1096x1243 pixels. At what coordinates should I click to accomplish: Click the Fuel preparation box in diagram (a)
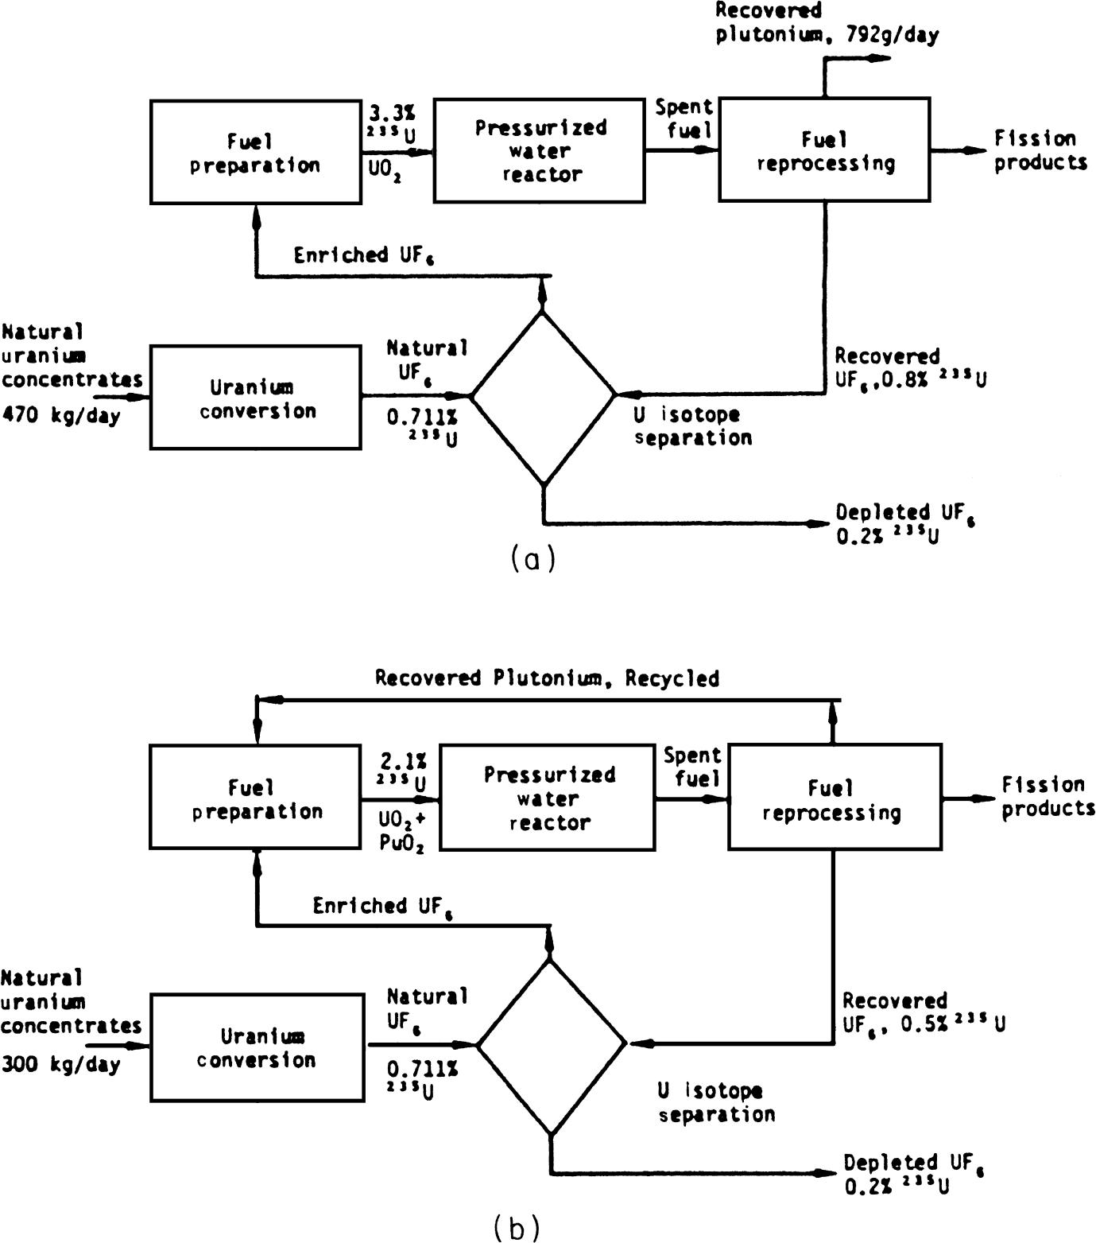(255, 152)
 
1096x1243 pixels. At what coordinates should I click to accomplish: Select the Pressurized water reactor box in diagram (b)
(548, 798)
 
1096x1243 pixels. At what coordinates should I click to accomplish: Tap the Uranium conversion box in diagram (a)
(255, 398)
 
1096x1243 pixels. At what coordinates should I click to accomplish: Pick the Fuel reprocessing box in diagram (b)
(835, 798)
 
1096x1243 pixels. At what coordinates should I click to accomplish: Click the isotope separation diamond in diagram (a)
(544, 398)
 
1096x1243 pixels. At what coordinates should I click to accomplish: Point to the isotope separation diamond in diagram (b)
(551, 1044)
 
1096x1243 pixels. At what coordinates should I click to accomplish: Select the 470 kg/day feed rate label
(60, 415)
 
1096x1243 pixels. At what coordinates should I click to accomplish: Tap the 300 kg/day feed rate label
(60, 1064)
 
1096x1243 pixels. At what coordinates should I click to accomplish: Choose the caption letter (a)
(532, 559)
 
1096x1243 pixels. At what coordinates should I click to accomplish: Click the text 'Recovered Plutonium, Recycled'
(547, 678)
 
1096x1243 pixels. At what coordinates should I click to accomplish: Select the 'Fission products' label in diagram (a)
(1040, 150)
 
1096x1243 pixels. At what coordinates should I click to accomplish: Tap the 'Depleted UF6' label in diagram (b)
(914, 1163)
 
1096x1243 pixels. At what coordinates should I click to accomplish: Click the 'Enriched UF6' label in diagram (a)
(363, 255)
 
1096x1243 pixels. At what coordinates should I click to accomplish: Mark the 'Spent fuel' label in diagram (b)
(693, 767)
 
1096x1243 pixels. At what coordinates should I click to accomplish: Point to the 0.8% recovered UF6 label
(910, 379)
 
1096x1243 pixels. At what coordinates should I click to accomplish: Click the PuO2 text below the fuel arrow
(401, 843)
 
